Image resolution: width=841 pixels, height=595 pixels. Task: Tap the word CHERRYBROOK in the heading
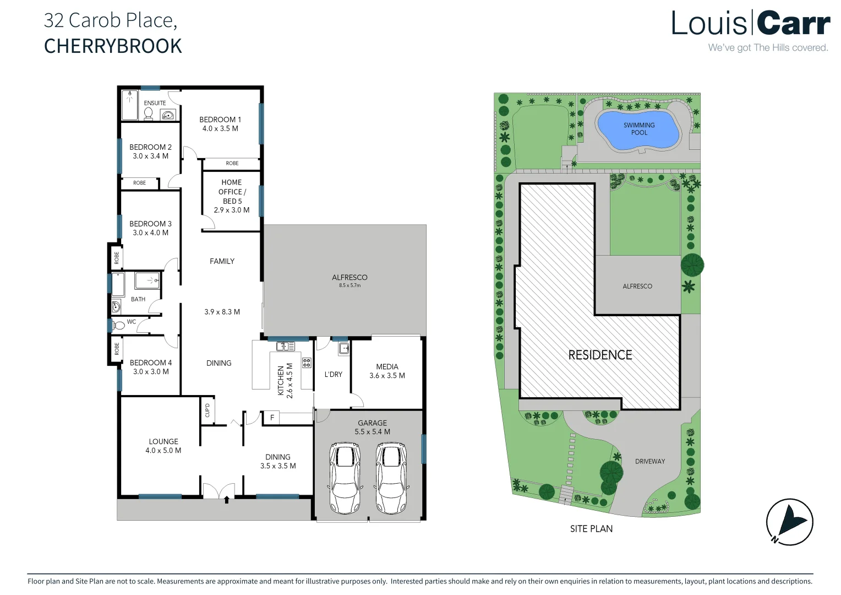pyautogui.click(x=113, y=46)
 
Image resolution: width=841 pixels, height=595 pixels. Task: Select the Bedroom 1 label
pyautogui.click(x=220, y=120)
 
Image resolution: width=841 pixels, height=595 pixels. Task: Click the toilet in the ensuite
pyautogui.click(x=148, y=113)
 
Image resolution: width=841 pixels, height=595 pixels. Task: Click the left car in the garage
pyautogui.click(x=345, y=478)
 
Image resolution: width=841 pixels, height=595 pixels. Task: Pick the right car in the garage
pyautogui.click(x=391, y=478)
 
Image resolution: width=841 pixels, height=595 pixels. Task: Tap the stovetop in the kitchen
pyautogui.click(x=307, y=363)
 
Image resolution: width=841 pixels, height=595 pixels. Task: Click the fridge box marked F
pyautogui.click(x=272, y=418)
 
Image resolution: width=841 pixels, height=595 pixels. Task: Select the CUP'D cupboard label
pyautogui.click(x=207, y=410)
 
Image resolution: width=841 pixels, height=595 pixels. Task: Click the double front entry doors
pyautogui.click(x=219, y=490)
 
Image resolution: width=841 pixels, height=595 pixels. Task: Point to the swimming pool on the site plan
pyautogui.click(x=638, y=130)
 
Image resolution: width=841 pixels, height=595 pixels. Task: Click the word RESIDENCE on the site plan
pyautogui.click(x=600, y=355)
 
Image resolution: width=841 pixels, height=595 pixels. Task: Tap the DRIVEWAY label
pyautogui.click(x=650, y=461)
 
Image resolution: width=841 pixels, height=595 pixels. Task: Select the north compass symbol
pyautogui.click(x=789, y=522)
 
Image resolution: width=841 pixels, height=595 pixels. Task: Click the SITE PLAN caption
pyautogui.click(x=591, y=529)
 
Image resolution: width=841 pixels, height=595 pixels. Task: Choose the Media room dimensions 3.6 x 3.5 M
pyautogui.click(x=387, y=376)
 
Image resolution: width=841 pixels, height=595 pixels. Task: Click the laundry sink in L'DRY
pyautogui.click(x=343, y=348)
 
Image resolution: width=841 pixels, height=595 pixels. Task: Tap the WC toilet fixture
pyautogui.click(x=118, y=326)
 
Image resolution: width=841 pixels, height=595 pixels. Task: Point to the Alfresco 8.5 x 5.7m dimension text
pyautogui.click(x=349, y=285)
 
